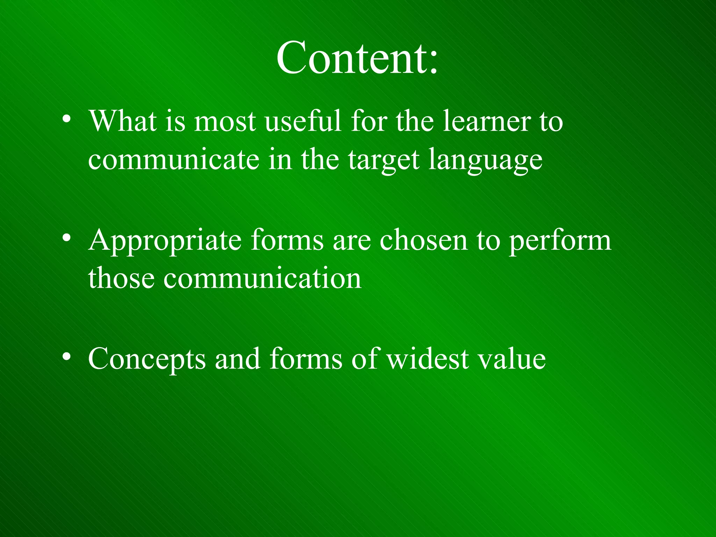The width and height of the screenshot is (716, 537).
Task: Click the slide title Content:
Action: click(357, 58)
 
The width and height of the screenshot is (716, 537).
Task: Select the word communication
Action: click(262, 279)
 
